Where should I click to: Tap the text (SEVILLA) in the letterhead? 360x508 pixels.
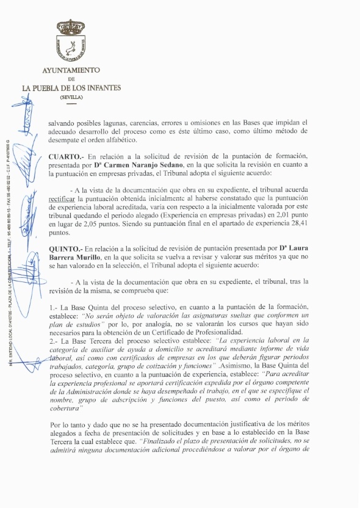71,97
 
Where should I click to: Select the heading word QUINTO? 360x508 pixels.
65,249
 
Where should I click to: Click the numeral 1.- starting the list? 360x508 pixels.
54,307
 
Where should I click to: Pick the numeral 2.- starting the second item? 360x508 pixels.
54,341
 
